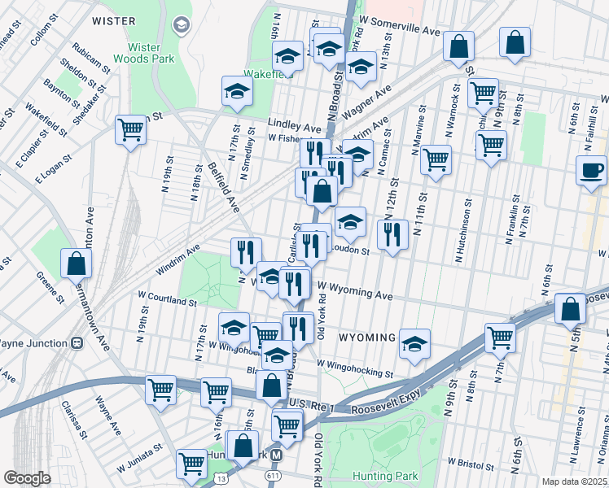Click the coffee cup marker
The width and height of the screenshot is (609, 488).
[591, 172]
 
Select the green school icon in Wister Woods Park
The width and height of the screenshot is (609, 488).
[179, 24]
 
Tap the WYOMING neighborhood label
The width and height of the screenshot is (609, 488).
[366, 337]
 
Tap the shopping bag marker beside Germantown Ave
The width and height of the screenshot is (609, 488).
[76, 264]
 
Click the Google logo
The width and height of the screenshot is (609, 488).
[27, 478]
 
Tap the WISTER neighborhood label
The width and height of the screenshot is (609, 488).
[113, 20]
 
